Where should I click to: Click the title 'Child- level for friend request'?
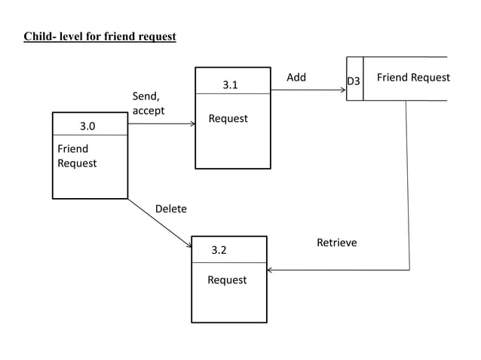click(x=100, y=36)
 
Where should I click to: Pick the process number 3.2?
click(x=219, y=250)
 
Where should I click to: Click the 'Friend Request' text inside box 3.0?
click(x=77, y=156)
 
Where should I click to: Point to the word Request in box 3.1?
click(x=228, y=119)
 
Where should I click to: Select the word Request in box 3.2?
click(x=227, y=280)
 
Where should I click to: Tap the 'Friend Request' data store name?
click(x=413, y=78)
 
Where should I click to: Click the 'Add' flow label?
click(x=296, y=78)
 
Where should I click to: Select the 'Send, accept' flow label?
click(x=149, y=103)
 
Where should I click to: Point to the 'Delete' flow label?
click(x=170, y=209)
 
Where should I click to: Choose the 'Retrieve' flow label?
click(x=336, y=243)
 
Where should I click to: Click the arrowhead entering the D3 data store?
click(x=343, y=90)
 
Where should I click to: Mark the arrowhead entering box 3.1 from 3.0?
click(x=192, y=124)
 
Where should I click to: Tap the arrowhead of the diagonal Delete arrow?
click(x=189, y=245)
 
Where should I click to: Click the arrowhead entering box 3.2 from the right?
click(x=271, y=269)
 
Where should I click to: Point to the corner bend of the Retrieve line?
click(x=409, y=269)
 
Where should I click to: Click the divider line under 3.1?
click(x=233, y=93)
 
